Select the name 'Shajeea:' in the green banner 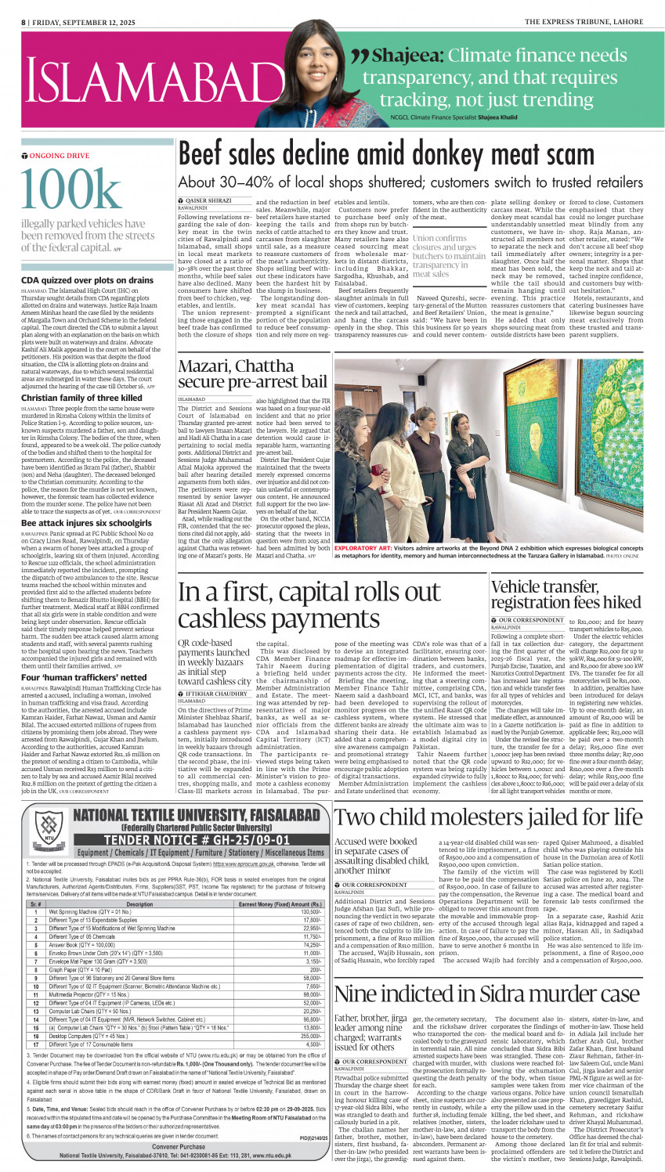coord(408,56)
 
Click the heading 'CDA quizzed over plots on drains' coord(88,280)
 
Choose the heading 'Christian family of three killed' coord(82,398)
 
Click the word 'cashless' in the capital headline coord(215,620)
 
